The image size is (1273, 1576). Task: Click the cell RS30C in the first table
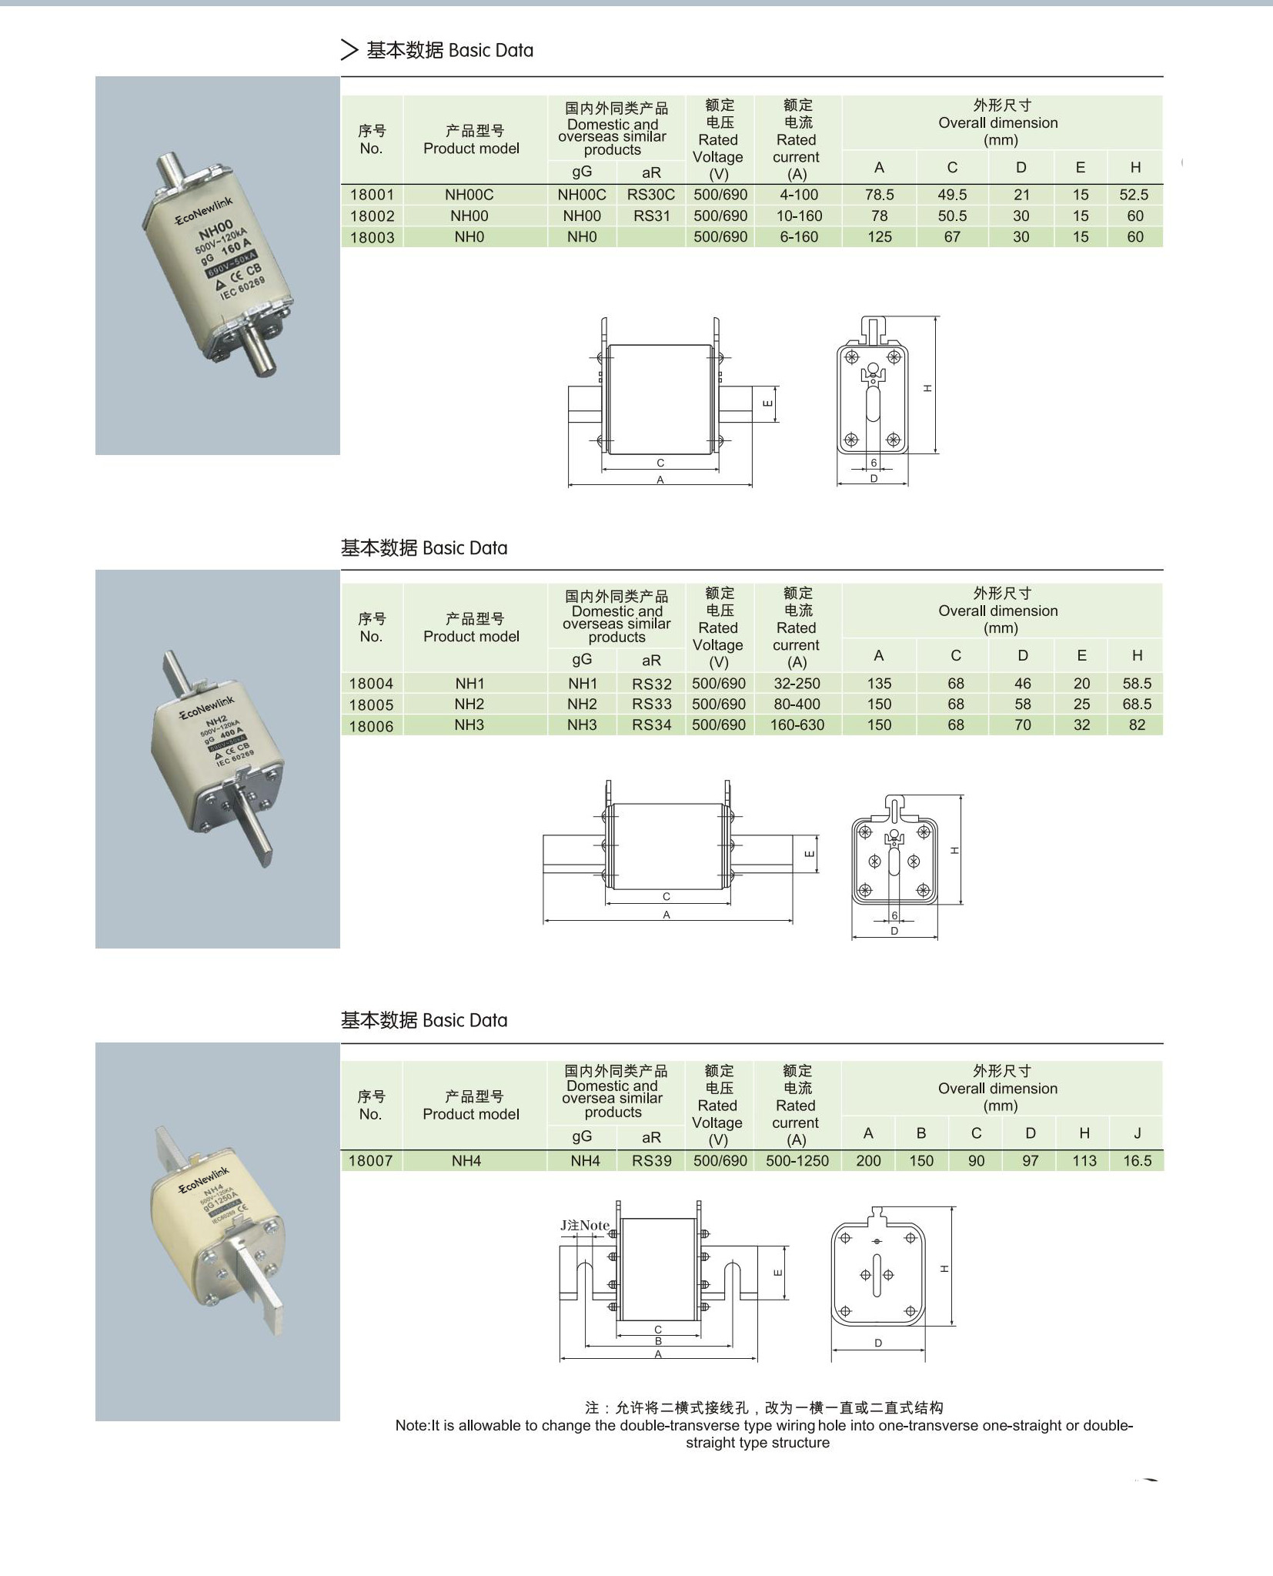pos(650,195)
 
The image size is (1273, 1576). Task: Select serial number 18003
pos(372,237)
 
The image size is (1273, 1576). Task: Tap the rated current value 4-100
pos(798,195)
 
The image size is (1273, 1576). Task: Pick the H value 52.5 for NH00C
pos(1134,195)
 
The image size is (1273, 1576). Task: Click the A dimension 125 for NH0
pos(879,237)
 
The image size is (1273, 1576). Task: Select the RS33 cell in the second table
pos(651,704)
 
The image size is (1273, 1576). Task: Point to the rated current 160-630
pos(797,725)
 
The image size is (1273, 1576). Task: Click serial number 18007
pos(370,1161)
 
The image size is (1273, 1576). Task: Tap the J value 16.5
pos(1137,1161)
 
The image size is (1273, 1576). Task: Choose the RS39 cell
pos(652,1161)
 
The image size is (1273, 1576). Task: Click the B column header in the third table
pos(921,1133)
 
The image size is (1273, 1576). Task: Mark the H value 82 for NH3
pos(1137,725)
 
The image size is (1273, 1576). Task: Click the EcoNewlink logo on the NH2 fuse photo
pos(207,707)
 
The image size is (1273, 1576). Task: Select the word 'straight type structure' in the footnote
pos(757,1443)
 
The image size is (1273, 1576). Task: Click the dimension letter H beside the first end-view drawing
pos(927,388)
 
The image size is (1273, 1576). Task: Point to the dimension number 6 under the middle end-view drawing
pos(894,915)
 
